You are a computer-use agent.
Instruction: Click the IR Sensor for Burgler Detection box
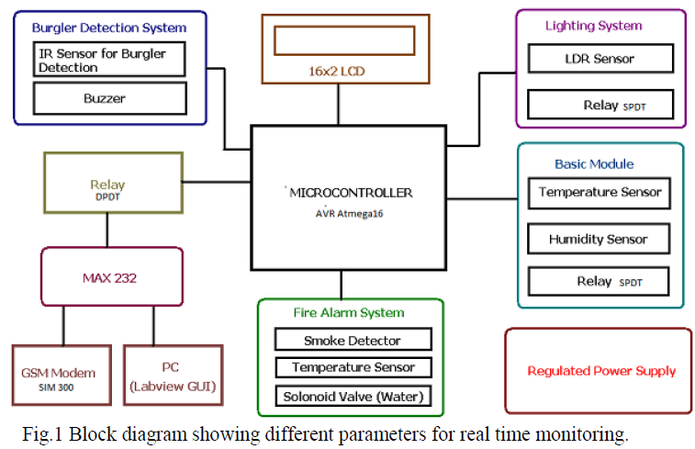(x=109, y=60)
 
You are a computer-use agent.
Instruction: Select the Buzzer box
(x=109, y=98)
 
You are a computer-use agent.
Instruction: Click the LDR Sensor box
(x=600, y=59)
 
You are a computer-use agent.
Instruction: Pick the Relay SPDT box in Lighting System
(x=600, y=105)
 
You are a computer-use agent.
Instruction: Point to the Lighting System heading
(x=593, y=26)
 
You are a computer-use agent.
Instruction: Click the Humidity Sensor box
(x=598, y=239)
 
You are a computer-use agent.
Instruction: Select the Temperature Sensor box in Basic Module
(x=598, y=193)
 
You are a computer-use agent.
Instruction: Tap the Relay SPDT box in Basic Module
(x=598, y=281)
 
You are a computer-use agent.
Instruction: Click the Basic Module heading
(x=594, y=163)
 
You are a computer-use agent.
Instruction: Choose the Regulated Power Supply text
(x=601, y=371)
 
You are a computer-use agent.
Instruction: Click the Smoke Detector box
(x=353, y=340)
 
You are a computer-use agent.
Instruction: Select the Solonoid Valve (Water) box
(x=353, y=397)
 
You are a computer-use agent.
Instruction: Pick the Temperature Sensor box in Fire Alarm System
(x=353, y=367)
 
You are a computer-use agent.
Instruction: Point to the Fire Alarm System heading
(x=349, y=312)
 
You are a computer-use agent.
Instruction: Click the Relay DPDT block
(x=107, y=188)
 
